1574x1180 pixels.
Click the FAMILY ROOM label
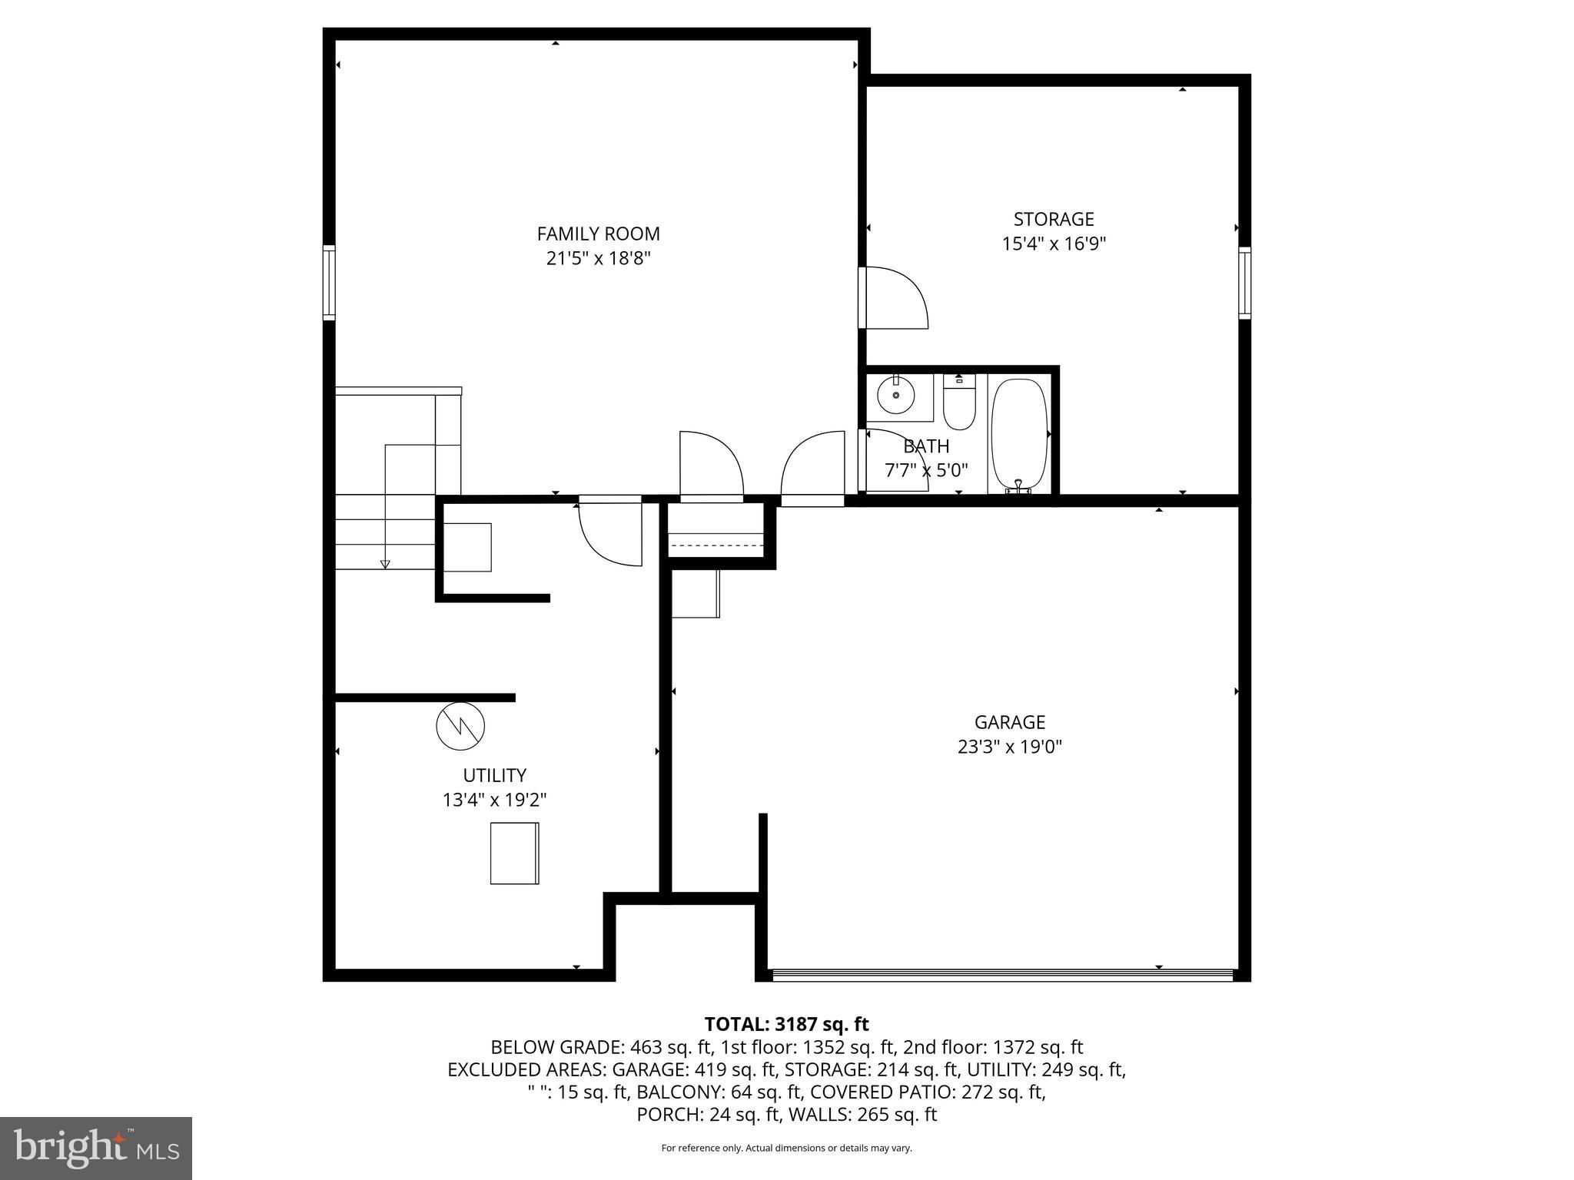pos(598,234)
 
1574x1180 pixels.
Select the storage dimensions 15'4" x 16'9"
pos(1054,244)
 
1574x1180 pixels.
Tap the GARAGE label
pos(1009,722)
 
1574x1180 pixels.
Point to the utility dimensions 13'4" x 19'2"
pos(494,800)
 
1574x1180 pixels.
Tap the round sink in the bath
pos(895,396)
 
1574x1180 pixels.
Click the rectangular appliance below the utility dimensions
pos(514,853)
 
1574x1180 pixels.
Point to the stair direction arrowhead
pos(385,565)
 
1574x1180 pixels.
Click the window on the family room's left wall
pos(329,282)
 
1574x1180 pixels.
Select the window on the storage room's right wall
pos(1244,282)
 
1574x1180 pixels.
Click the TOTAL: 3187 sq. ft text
pos(786,1024)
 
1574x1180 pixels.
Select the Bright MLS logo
pos(96,1148)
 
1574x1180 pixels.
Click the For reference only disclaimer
pos(786,1148)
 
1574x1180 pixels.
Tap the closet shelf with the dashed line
pos(716,544)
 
